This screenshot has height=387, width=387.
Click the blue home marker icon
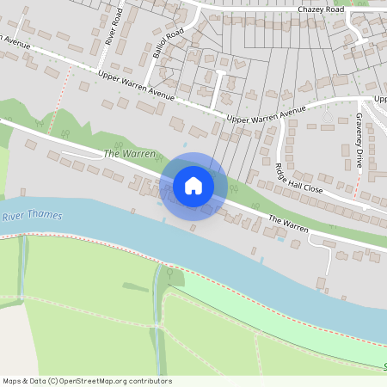coord(193,186)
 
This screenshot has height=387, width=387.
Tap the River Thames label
coord(32,216)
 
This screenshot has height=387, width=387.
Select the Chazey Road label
coord(321,9)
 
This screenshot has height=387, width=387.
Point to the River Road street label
coord(110,29)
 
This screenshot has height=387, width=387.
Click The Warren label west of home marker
coord(129,154)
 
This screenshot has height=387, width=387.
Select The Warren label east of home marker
coord(288,224)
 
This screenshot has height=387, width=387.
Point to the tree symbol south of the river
coord(169,274)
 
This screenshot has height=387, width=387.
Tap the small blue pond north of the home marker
coord(183,144)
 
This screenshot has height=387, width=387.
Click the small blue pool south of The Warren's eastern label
coord(281,239)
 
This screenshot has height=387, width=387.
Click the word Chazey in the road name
coord(310,9)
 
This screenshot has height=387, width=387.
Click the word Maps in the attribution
coord(13,381)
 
